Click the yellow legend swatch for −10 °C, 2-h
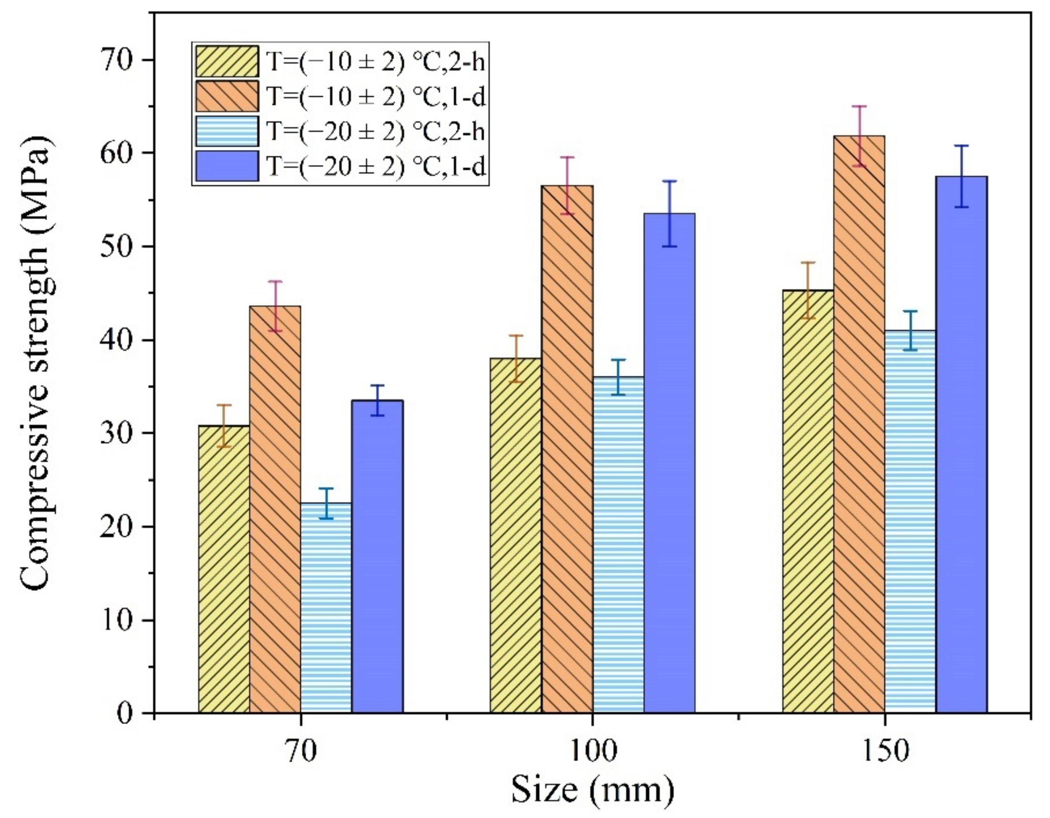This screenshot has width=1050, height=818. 227,61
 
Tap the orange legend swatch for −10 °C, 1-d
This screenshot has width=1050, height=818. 227,96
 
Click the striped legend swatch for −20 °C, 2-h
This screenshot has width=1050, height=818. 227,131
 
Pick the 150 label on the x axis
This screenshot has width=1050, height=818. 884,751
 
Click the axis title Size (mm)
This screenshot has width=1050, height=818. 592,790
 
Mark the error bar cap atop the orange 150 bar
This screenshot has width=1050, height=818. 859,106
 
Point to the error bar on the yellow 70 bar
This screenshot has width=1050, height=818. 224,426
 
